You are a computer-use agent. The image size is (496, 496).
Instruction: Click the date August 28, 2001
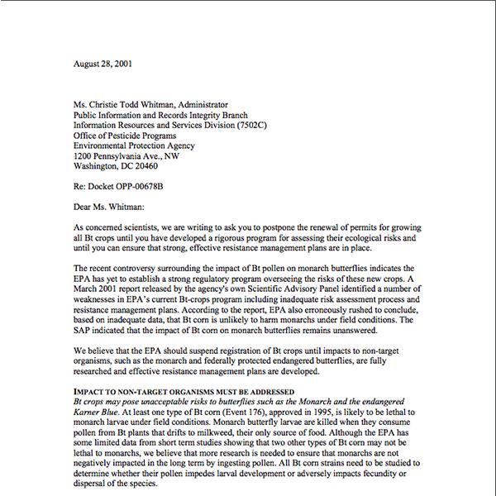click(101, 63)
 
